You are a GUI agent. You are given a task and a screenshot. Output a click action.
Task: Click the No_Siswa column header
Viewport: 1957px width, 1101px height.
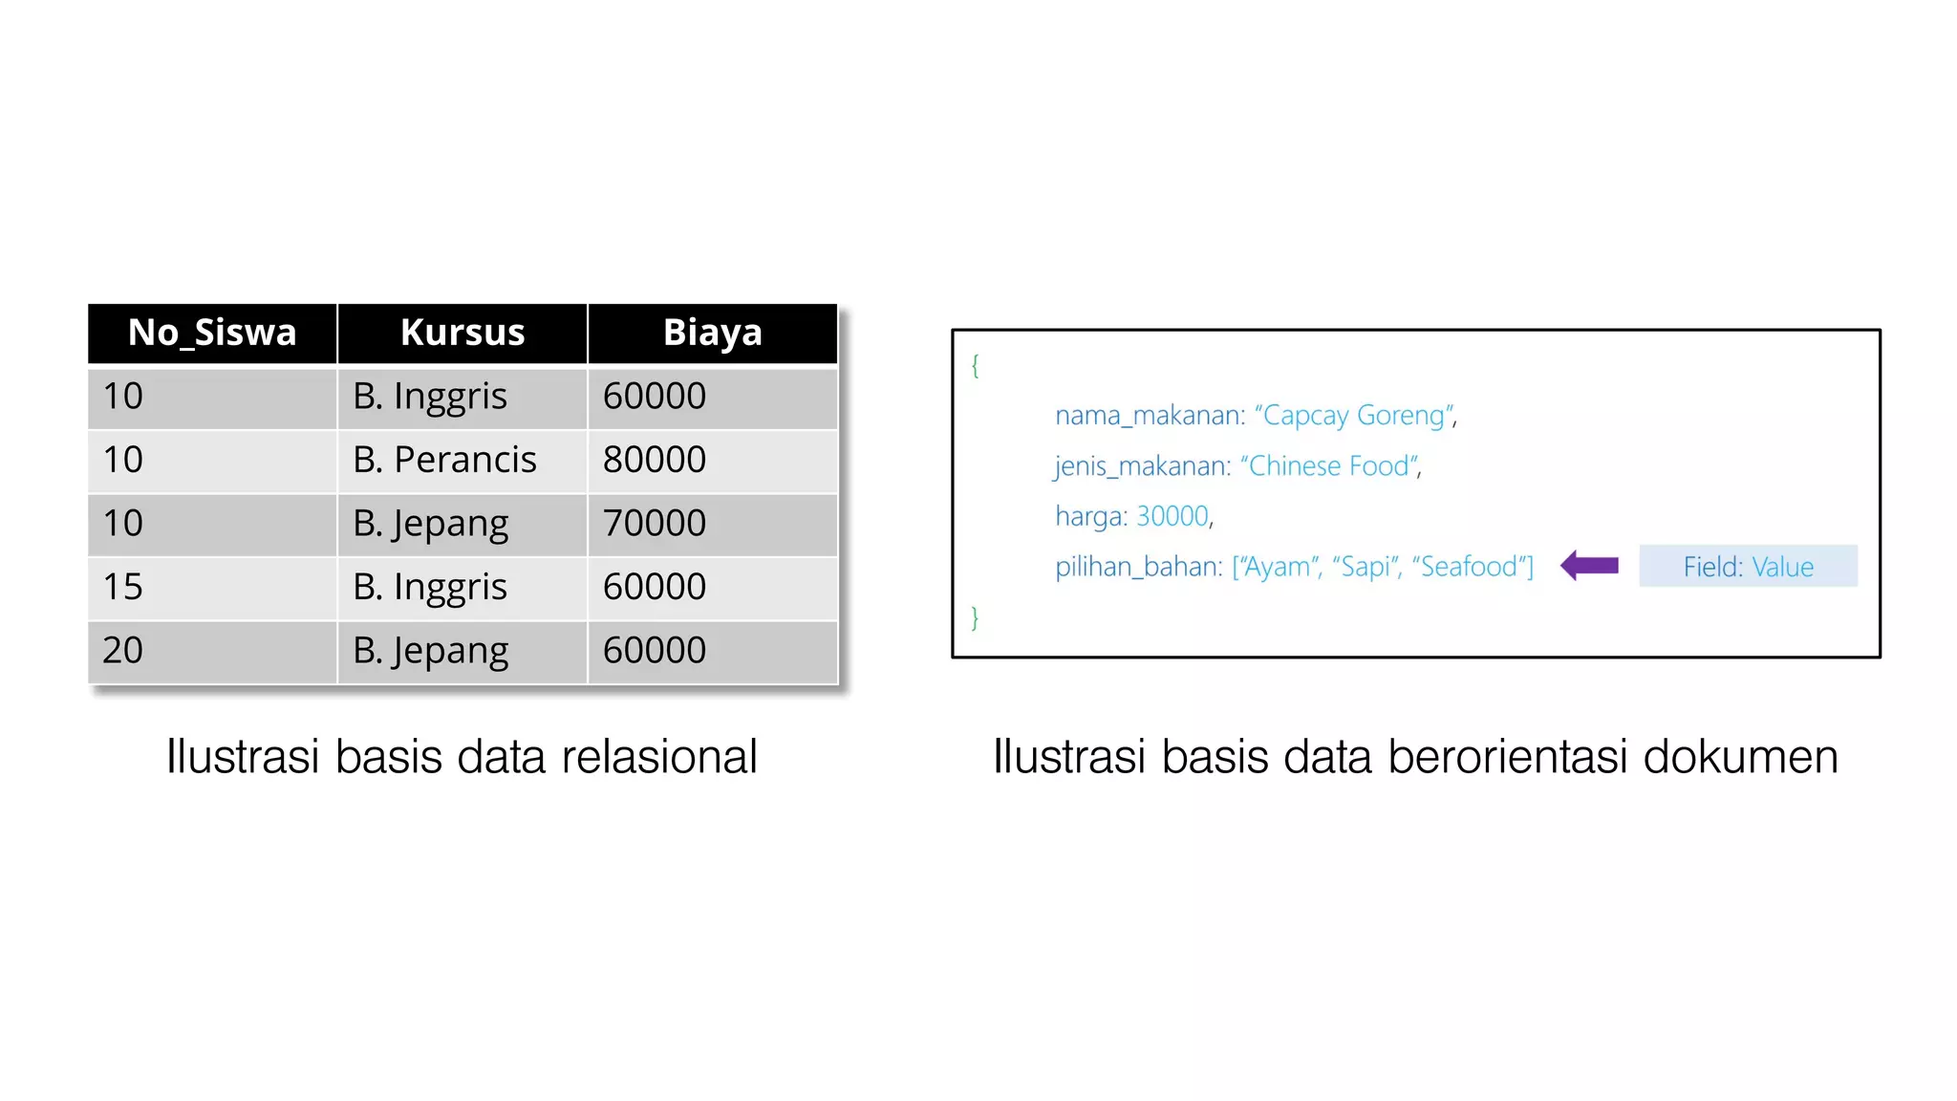(212, 333)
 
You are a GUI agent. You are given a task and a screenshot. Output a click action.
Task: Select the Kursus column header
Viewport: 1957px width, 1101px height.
(462, 333)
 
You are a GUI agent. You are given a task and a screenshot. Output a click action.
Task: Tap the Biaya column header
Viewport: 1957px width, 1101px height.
(712, 333)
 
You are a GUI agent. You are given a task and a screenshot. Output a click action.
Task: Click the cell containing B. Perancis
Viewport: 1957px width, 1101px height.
(444, 460)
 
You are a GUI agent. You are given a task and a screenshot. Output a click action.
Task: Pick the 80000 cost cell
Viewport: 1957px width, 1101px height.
(655, 460)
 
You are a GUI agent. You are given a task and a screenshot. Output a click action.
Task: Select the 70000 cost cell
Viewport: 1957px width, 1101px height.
(655, 524)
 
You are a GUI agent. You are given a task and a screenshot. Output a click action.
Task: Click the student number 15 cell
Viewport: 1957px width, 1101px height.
(123, 587)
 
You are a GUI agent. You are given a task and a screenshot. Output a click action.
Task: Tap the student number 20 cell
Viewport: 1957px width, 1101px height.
(123, 651)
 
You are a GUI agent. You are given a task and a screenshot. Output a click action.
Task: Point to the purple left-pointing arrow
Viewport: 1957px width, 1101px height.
(1589, 566)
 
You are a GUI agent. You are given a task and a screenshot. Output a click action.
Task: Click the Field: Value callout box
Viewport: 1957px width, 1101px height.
(1748, 567)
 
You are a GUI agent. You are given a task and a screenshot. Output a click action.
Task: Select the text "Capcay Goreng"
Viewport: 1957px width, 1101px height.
(1354, 416)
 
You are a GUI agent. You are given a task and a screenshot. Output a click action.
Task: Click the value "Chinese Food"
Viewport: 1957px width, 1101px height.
(1329, 466)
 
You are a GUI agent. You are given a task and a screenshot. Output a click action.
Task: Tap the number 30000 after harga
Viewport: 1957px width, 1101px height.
(1172, 516)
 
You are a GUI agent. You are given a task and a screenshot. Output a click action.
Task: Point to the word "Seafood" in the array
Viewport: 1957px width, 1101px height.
(1469, 567)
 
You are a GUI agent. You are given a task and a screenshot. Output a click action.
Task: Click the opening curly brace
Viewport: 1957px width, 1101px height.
(975, 365)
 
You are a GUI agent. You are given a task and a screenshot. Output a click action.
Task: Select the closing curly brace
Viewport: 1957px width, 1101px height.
(975, 618)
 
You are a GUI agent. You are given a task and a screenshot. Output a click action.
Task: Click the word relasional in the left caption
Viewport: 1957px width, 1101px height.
(659, 757)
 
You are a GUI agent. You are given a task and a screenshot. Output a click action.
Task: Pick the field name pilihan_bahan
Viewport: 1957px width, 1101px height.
(1137, 567)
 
